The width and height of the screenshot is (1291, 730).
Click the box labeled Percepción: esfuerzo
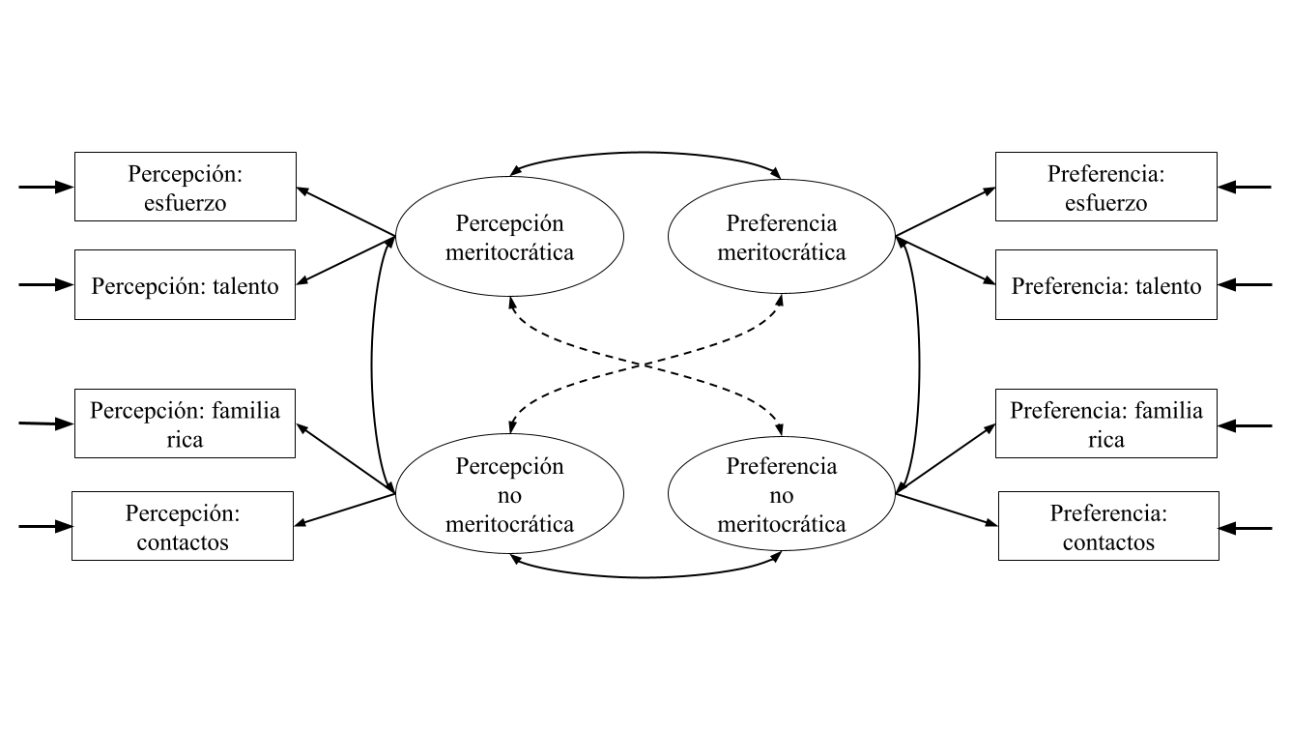(186, 187)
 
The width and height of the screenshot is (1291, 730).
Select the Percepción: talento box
(185, 285)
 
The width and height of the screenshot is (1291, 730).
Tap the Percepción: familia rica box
(186, 423)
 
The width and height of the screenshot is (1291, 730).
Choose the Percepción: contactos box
(183, 526)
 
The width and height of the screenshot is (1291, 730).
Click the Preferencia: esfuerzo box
(1106, 187)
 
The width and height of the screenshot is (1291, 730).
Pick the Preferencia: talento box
(1106, 285)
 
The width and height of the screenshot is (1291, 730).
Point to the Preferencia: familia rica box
(1106, 423)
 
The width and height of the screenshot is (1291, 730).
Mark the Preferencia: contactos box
(1108, 526)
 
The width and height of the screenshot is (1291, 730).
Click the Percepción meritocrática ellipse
(509, 238)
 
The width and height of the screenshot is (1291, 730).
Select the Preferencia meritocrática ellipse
(782, 238)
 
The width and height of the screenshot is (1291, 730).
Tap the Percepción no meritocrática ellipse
(509, 495)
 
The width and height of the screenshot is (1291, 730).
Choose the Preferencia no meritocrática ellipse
(782, 495)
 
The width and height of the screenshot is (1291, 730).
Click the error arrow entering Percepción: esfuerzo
(46, 187)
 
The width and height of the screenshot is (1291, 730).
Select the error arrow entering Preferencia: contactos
(1247, 528)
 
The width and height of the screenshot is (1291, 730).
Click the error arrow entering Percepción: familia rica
(46, 423)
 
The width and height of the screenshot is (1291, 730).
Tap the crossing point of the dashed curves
(645, 365)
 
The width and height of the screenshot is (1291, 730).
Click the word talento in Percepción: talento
(243, 286)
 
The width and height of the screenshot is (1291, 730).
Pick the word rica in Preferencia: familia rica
(1106, 440)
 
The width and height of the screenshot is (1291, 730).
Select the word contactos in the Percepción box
(183, 542)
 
